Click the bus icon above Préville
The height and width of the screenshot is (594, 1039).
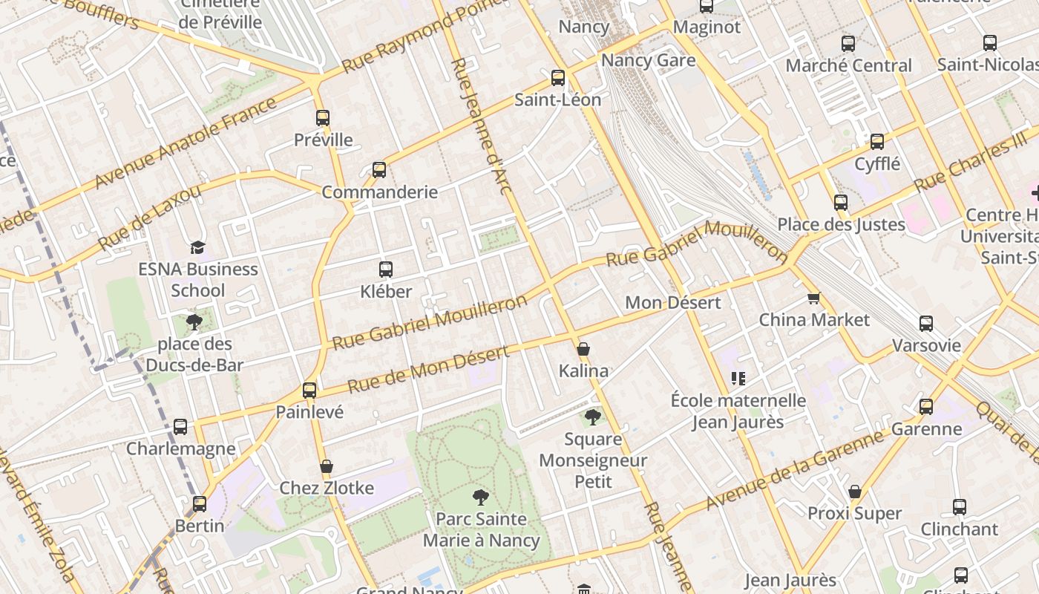(x=322, y=117)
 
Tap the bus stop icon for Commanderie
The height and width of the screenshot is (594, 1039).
(x=379, y=170)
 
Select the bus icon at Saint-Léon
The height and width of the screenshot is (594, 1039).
(x=558, y=78)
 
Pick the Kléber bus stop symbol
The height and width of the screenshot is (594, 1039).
(x=386, y=270)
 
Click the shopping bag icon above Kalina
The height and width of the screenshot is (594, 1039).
(x=583, y=349)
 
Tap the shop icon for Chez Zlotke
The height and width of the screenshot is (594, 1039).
(x=326, y=466)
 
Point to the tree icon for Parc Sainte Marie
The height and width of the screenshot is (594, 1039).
(x=481, y=497)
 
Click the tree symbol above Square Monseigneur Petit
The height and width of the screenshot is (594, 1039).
(x=592, y=417)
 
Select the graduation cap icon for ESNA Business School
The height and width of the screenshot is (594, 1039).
(x=197, y=247)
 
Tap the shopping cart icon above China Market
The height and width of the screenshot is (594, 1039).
(x=813, y=298)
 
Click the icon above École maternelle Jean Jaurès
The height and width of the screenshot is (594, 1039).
(x=738, y=379)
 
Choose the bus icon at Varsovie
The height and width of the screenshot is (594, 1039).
(x=926, y=324)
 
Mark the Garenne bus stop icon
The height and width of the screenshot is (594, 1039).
(x=926, y=407)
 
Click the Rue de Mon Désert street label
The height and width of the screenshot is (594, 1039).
(x=429, y=369)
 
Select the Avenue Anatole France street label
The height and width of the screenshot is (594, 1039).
(x=185, y=143)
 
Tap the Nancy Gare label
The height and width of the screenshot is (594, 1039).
(x=648, y=61)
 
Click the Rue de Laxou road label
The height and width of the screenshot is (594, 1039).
(x=149, y=218)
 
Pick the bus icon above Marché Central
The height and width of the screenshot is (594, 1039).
(x=848, y=44)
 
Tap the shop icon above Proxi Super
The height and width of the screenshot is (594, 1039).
(x=855, y=492)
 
